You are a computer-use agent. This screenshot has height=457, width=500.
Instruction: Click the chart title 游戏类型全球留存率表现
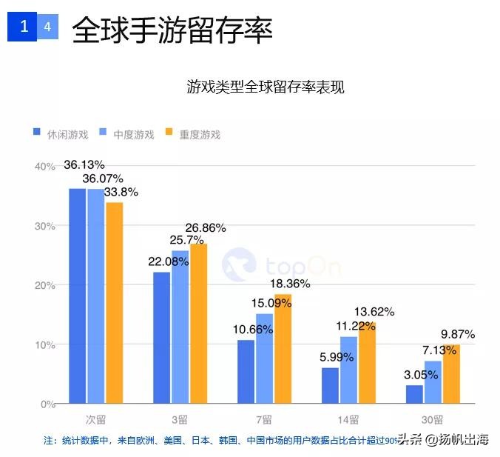(266, 87)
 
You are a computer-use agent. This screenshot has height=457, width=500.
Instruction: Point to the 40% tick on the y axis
(44, 167)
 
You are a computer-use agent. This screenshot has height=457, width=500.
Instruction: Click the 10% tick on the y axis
(44, 345)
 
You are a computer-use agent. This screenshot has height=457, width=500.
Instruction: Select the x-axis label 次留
(96, 418)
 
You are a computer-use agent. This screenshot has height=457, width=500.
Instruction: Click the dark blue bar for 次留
(78, 296)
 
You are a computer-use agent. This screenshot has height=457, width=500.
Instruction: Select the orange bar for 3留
(199, 324)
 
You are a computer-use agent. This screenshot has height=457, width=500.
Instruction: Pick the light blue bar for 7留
(265, 359)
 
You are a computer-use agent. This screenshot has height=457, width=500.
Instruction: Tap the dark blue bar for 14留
(331, 386)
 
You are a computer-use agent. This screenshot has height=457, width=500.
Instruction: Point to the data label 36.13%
(84, 164)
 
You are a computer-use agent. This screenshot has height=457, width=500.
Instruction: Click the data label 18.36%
(289, 283)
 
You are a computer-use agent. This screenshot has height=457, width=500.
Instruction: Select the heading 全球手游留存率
(172, 30)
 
